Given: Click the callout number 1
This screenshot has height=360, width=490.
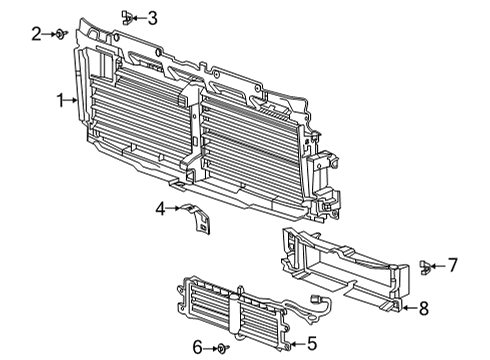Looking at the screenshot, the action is pyautogui.click(x=61, y=100).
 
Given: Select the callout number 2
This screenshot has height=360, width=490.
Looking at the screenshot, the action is pyautogui.click(x=36, y=34).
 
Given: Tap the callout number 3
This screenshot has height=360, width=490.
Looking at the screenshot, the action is pyautogui.click(x=152, y=18).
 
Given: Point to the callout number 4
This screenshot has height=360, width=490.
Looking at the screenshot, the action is pyautogui.click(x=161, y=209).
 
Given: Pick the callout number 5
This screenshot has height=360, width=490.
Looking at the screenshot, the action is pyautogui.click(x=312, y=343).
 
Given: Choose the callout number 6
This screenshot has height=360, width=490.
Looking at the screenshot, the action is pyautogui.click(x=197, y=348).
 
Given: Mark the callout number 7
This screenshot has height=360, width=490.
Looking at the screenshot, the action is pyautogui.click(x=452, y=265).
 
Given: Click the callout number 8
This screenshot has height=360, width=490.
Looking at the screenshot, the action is pyautogui.click(x=423, y=308).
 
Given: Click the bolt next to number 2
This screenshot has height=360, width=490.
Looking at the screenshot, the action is pyautogui.click(x=62, y=34).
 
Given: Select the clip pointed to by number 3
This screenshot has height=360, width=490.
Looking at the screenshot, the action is pyautogui.click(x=127, y=17).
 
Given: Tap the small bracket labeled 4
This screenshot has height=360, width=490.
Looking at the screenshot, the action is pyautogui.click(x=197, y=218).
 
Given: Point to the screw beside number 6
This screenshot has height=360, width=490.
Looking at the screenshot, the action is pyautogui.click(x=223, y=349).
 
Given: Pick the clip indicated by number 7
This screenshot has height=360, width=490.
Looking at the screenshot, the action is pyautogui.click(x=425, y=267).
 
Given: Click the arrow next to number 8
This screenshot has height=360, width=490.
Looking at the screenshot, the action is pyautogui.click(x=409, y=308).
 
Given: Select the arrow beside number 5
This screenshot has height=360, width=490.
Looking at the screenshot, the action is pyautogui.click(x=298, y=343).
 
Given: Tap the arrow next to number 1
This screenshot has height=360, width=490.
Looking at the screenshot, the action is pyautogui.click(x=72, y=100).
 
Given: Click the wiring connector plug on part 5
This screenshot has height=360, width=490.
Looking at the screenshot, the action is pyautogui.click(x=314, y=299).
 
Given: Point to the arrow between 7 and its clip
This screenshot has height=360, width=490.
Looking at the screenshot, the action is pyautogui.click(x=438, y=266).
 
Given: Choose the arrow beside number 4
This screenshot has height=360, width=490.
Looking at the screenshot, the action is pyautogui.click(x=173, y=208).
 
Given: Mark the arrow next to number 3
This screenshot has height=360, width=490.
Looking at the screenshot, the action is pyautogui.click(x=139, y=18).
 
